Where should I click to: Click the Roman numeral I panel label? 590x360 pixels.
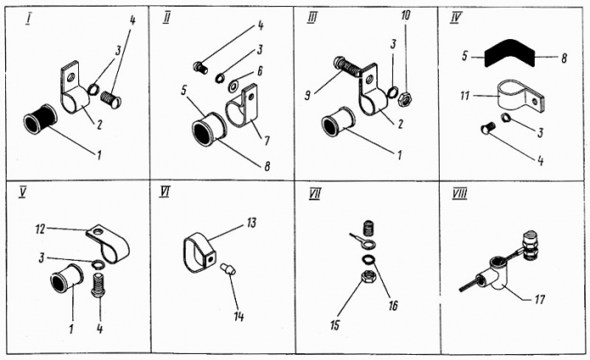[x=29, y=17]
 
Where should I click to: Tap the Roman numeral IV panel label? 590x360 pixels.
[x=458, y=16]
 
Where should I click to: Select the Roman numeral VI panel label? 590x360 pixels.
[x=165, y=193]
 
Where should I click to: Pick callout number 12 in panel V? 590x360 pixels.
[x=40, y=228]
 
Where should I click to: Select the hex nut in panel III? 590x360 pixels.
[x=407, y=98]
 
